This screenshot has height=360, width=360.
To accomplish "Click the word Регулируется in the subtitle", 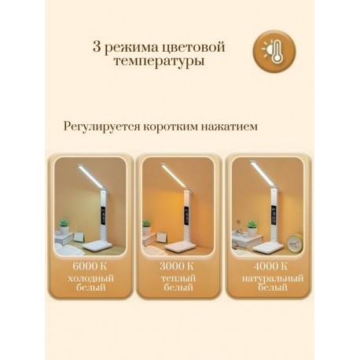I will click(x=98, y=125).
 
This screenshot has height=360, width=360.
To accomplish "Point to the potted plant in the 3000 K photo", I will click(x=147, y=226).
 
